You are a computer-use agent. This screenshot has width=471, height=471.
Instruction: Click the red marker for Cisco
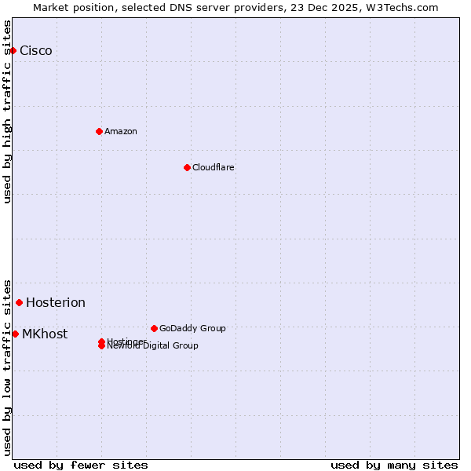pyautogui.click(x=13, y=50)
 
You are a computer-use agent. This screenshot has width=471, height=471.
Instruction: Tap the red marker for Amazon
pyautogui.click(x=99, y=131)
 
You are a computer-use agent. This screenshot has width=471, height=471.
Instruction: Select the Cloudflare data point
pyautogui.click(x=187, y=167)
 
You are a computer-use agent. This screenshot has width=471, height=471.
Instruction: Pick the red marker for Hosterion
pyautogui.click(x=20, y=302)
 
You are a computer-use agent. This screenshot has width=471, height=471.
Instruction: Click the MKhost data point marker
pyautogui.click(x=15, y=334)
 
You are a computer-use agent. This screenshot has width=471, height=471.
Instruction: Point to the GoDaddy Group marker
pyautogui.click(x=154, y=328)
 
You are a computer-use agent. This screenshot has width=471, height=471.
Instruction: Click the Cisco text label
pyautogui.click(x=36, y=51)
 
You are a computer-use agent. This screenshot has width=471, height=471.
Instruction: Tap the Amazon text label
pyautogui.click(x=121, y=131)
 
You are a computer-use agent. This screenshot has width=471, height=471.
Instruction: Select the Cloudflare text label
pyautogui.click(x=214, y=167)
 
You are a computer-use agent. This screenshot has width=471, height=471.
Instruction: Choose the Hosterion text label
pyautogui.click(x=56, y=303)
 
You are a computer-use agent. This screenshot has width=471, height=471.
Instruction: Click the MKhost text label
pyautogui.click(x=45, y=334)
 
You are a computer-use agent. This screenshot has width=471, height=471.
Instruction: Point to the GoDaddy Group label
pyautogui.click(x=192, y=328)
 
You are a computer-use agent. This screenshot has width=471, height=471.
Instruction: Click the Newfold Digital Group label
pyautogui.click(x=153, y=346)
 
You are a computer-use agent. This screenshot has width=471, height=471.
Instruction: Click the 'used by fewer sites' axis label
pyautogui.click(x=81, y=465)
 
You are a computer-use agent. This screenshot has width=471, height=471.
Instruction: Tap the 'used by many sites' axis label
pyautogui.click(x=394, y=465)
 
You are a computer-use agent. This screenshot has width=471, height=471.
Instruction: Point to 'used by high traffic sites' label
pyautogui.click(x=7, y=111)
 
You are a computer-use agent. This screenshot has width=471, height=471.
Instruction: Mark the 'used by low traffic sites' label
pyautogui.click(x=7, y=367)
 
